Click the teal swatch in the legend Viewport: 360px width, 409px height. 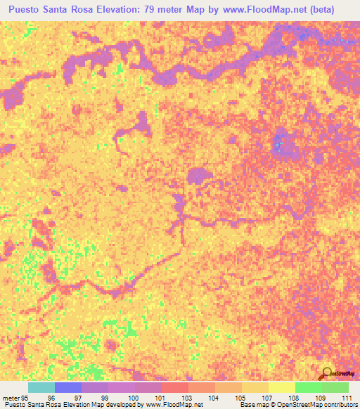tap(41, 387)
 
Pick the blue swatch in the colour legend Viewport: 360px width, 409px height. tap(67, 387)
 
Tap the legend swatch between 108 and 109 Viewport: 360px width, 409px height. tap(308, 387)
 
